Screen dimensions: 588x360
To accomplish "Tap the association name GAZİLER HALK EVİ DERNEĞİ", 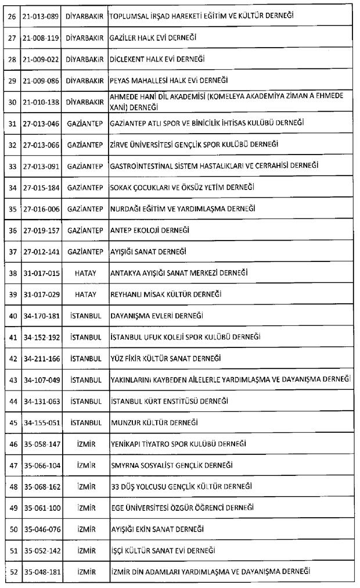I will click(153, 38).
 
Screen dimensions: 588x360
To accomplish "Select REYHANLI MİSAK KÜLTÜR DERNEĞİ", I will click(165, 294).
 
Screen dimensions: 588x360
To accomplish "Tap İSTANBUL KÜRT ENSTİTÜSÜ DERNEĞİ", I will click(169, 401).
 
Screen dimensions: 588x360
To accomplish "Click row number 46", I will click(12, 444).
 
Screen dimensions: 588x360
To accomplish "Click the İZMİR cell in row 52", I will click(85, 572).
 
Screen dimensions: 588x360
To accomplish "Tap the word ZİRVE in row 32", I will click(120, 144).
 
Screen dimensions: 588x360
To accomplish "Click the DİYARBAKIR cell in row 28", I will click(85, 59).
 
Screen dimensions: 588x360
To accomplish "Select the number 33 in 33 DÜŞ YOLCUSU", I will click(114, 486).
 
